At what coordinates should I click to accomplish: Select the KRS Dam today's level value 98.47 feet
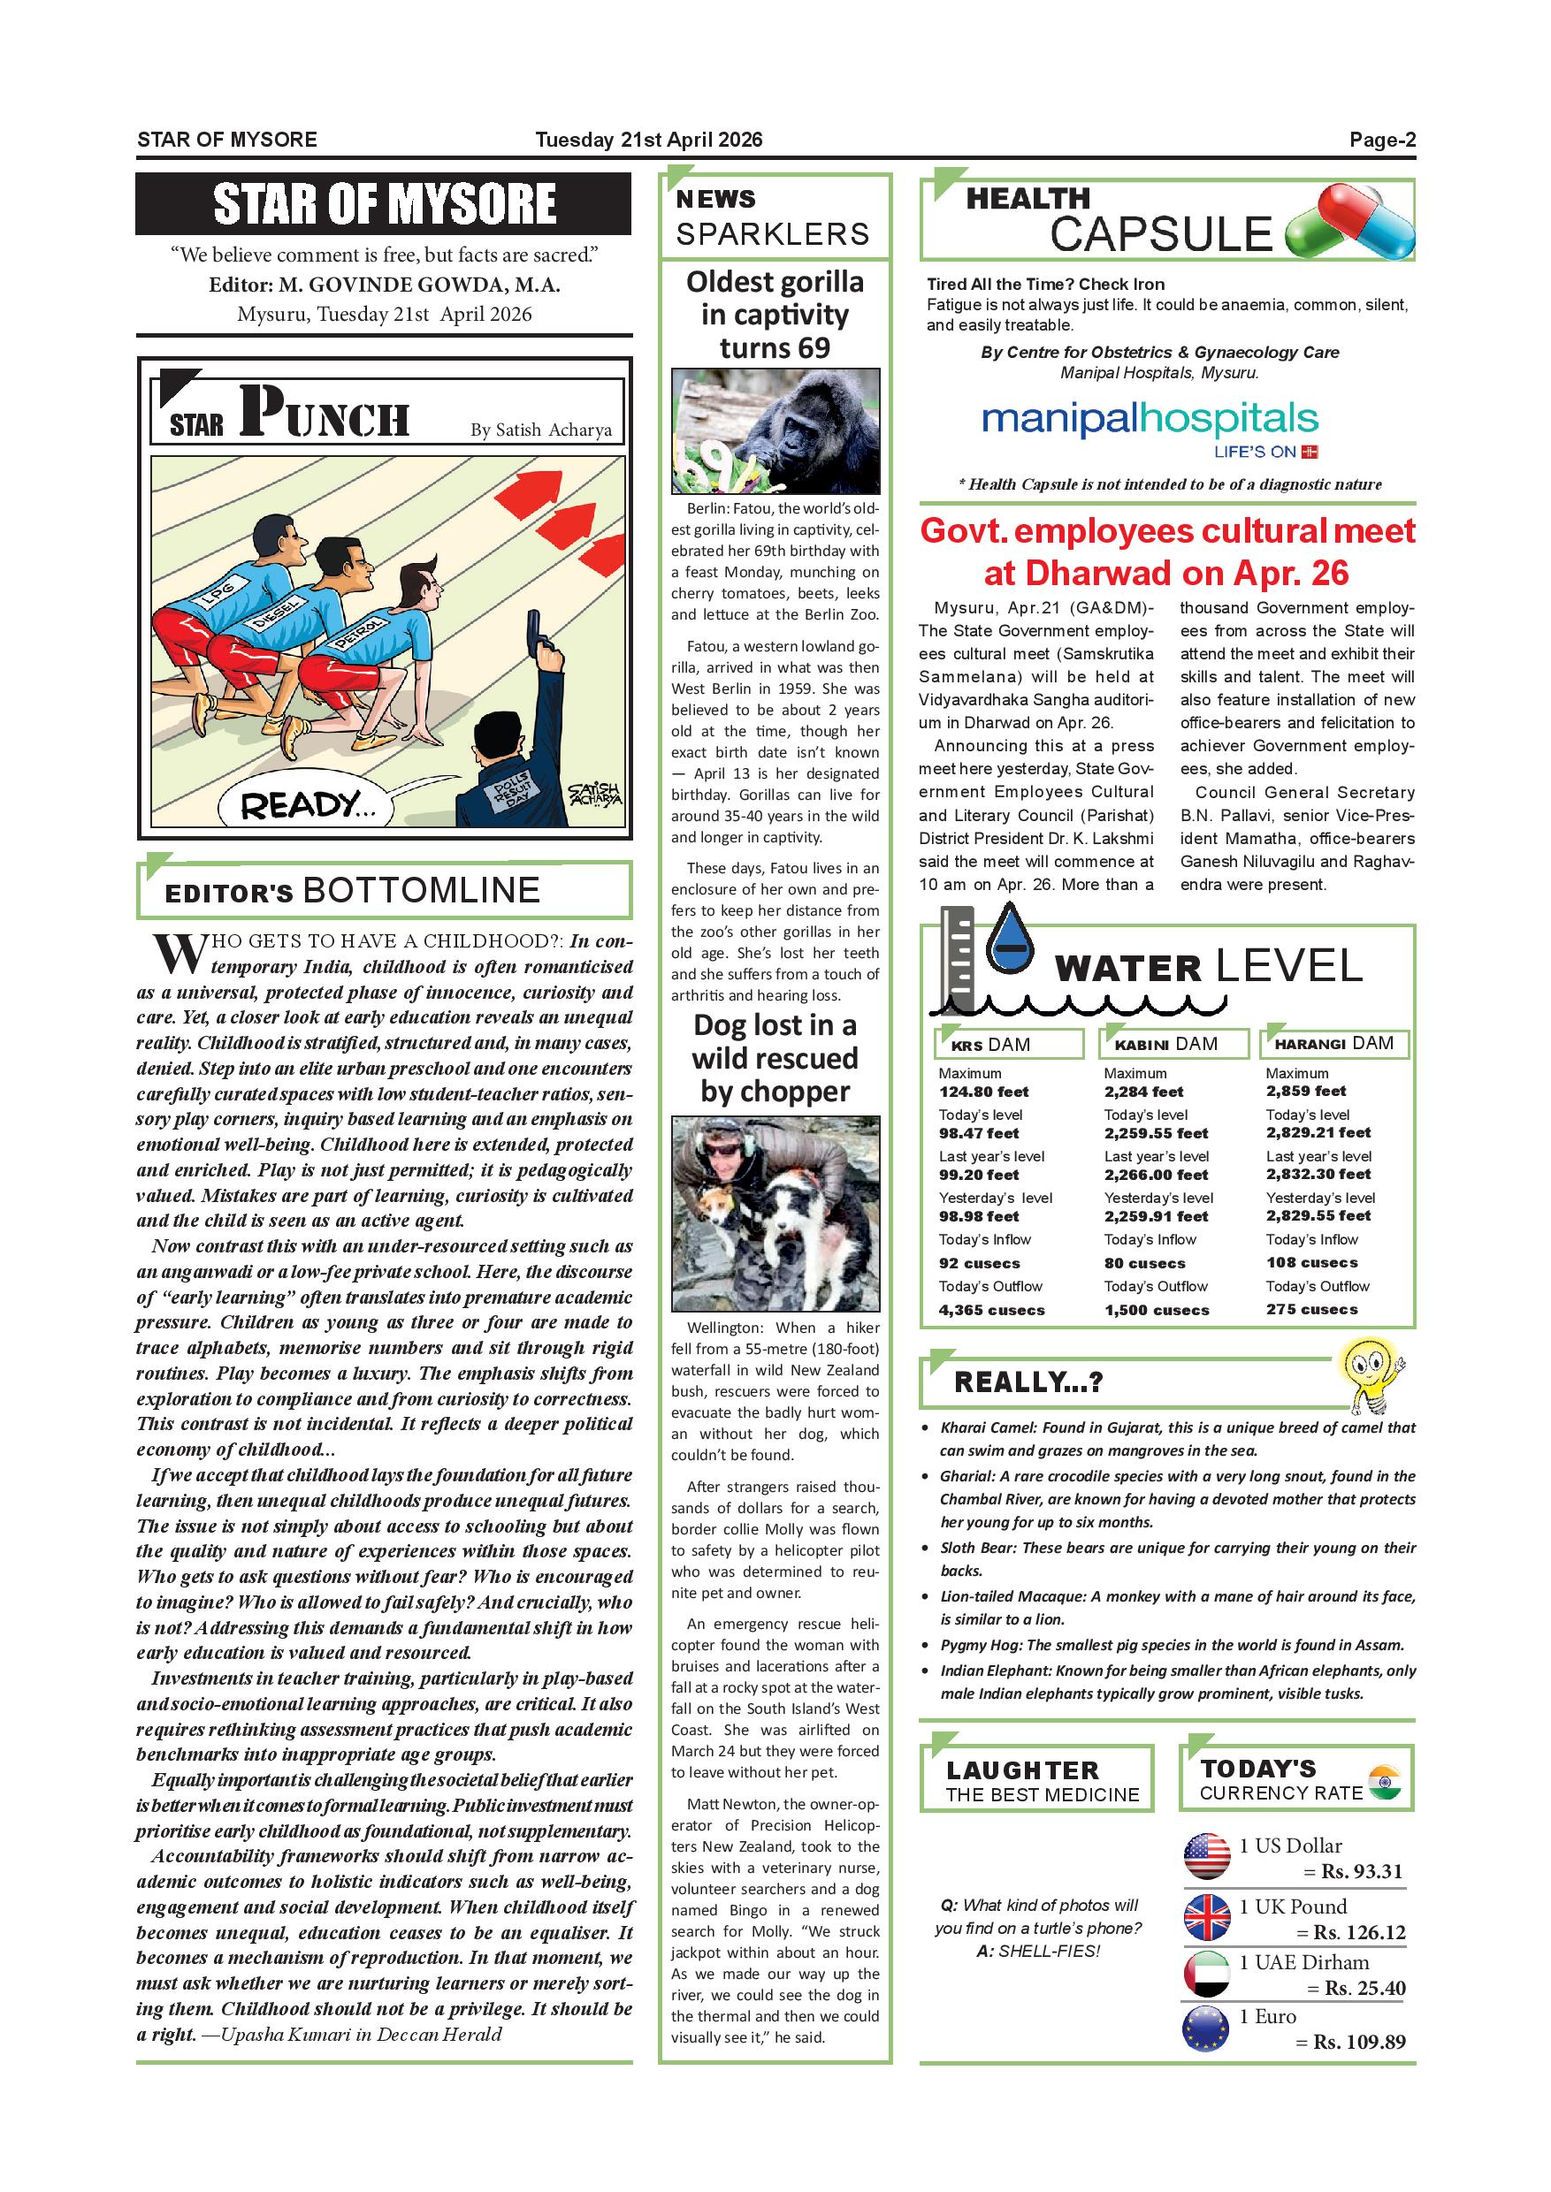[979, 1133]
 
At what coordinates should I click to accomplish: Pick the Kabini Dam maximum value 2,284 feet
[1143, 1092]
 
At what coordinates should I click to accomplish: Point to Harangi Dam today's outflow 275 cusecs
[1311, 1309]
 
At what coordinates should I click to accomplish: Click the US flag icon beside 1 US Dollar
[1207, 1856]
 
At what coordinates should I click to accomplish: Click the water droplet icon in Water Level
[1009, 940]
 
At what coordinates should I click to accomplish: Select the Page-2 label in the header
[1382, 140]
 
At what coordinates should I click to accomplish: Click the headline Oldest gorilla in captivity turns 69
[775, 314]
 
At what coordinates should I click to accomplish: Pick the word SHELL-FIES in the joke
[1049, 1952]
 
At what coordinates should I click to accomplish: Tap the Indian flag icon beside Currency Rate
[1384, 1783]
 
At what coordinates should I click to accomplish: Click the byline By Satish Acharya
[540, 430]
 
